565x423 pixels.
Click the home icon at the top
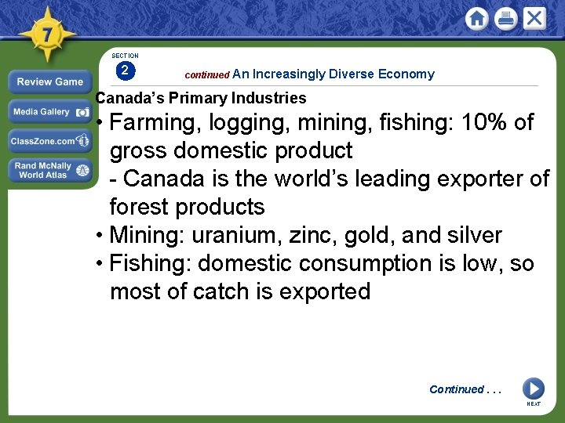click(477, 19)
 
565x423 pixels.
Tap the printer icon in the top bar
click(505, 19)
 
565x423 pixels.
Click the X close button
click(534, 18)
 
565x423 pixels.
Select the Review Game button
click(49, 81)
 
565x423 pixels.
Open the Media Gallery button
click(49, 112)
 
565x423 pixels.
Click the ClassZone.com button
click(49, 141)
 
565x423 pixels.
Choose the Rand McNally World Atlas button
click(49, 170)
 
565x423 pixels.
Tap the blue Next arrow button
click(533, 389)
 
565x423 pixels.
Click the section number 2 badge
click(125, 70)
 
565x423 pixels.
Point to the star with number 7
click(47, 34)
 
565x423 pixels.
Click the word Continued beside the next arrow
click(456, 389)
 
